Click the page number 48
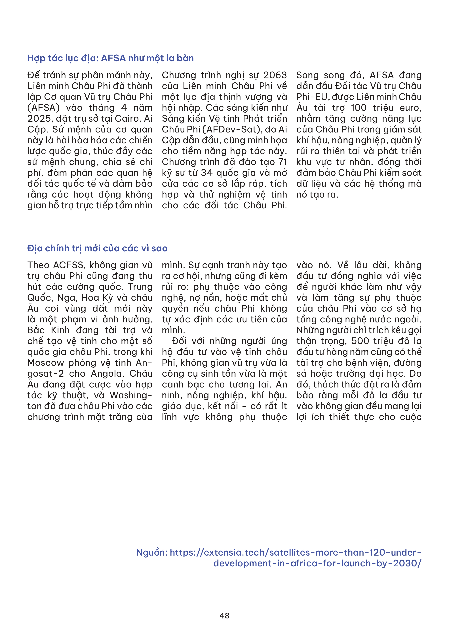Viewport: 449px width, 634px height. (224, 616)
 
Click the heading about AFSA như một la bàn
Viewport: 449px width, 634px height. (110, 58)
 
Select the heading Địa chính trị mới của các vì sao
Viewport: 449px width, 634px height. (97, 249)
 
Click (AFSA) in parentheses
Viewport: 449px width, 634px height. (43, 108)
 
